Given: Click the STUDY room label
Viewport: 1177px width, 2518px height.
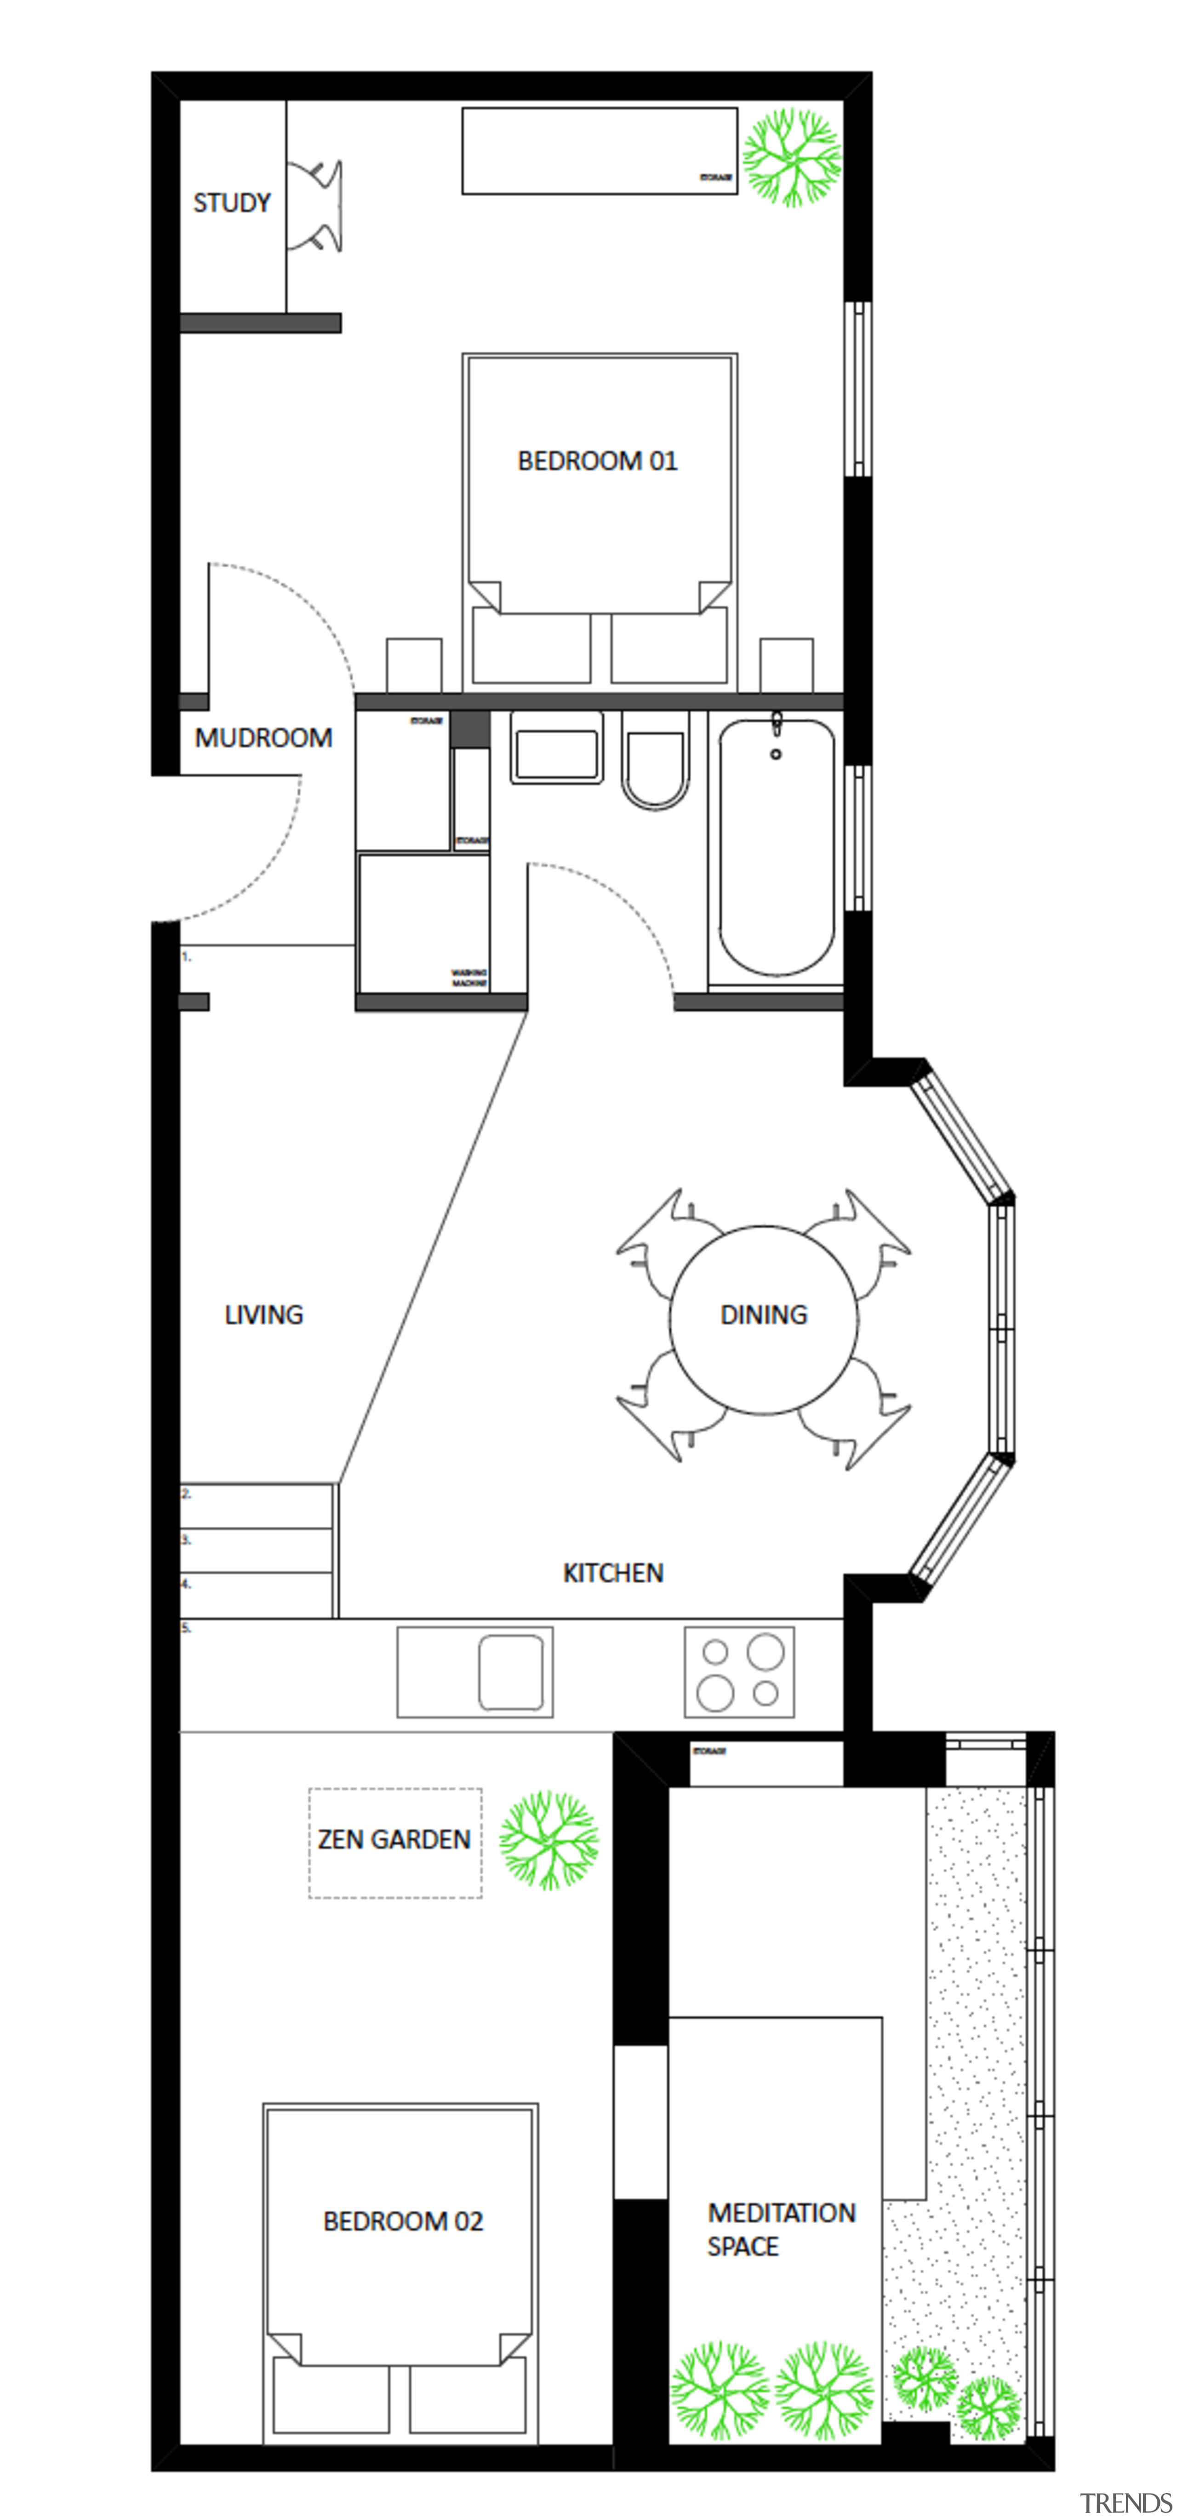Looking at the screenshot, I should [x=232, y=203].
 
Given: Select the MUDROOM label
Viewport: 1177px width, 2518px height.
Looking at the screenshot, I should [x=263, y=738].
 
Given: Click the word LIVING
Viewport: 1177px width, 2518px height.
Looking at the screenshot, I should [x=264, y=1315].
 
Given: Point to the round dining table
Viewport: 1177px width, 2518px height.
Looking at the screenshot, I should [x=764, y=1320].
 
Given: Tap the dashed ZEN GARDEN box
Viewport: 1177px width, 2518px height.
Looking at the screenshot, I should [x=395, y=1843].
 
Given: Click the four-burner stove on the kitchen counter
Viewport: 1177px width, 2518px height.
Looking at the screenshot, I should [x=739, y=1671].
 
